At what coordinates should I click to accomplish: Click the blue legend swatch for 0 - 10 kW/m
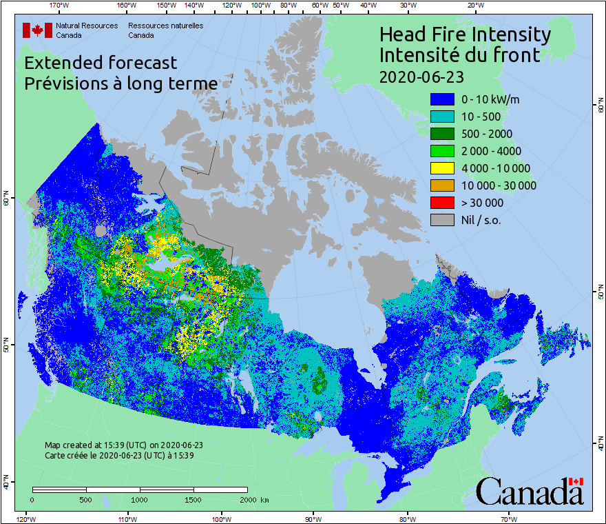pos(443,100)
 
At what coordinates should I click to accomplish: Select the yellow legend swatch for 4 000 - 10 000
pos(443,168)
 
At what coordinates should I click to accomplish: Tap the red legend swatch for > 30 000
pos(443,203)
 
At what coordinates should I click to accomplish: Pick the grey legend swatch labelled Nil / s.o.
pos(443,220)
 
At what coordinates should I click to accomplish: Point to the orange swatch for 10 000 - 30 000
pos(443,185)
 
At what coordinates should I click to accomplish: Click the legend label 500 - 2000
pos(487,134)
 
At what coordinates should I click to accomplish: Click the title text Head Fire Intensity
pos(465,34)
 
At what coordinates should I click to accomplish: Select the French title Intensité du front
pos(460,54)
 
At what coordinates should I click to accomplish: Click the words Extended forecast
pos(101,63)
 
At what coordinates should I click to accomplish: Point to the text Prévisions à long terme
pos(121,83)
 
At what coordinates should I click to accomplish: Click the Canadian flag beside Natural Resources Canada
pos(37,30)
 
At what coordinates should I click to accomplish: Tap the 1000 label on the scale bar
pos(140,499)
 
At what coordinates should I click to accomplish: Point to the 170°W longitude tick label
pos(60,6)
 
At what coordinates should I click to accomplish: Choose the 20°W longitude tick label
pos(474,6)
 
